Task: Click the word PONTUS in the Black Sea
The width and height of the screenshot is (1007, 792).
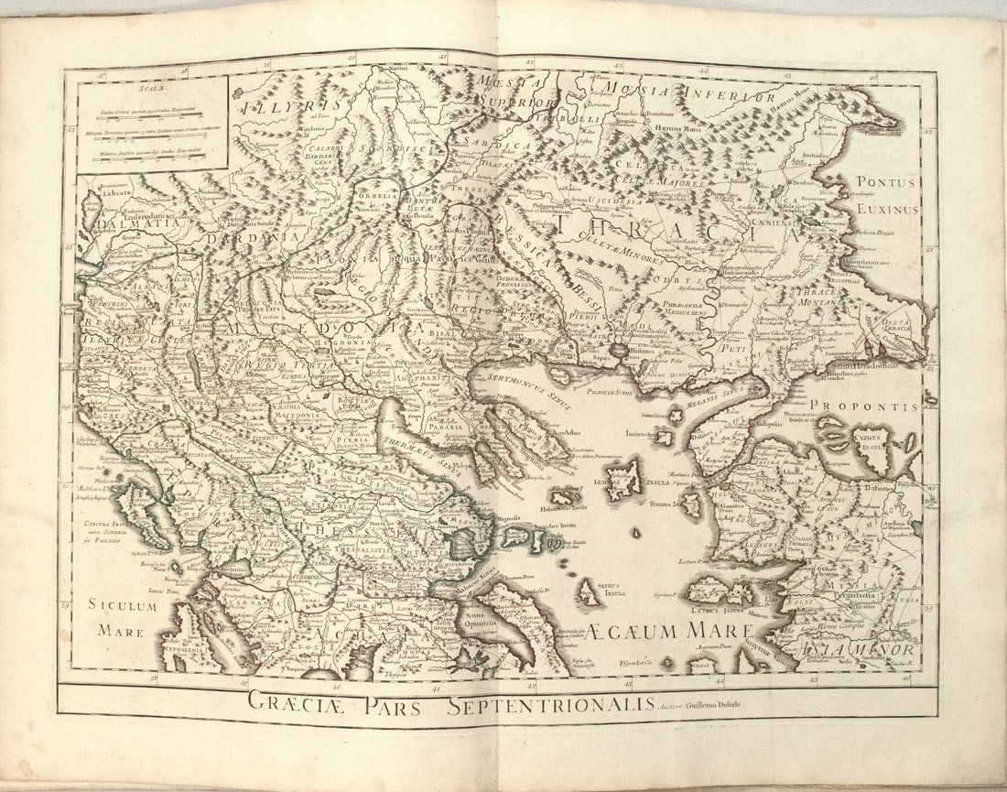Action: (886, 184)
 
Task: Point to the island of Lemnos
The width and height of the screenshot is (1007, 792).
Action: (624, 477)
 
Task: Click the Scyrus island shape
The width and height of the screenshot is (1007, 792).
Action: (587, 593)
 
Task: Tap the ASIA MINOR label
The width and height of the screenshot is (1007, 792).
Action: (856, 651)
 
